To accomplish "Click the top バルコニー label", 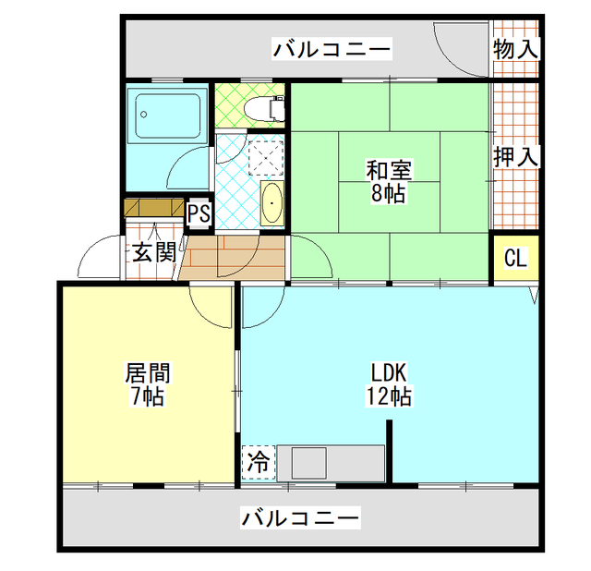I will pos(332,49).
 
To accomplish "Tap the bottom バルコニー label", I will pos(300,518).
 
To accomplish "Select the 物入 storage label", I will pos(514,49).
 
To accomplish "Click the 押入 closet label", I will pos(514,156).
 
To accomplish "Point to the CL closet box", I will pos(514,258).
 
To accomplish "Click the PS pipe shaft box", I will pos(199,213).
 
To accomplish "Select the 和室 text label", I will pos(389,171).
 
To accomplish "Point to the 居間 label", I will pos(147,374).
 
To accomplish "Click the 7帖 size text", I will pos(147,397).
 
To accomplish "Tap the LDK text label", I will pos(390,374).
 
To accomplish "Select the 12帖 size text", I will pos(390,397).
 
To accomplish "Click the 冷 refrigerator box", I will pos(259,463).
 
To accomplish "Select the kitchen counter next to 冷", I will pos(337,462).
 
